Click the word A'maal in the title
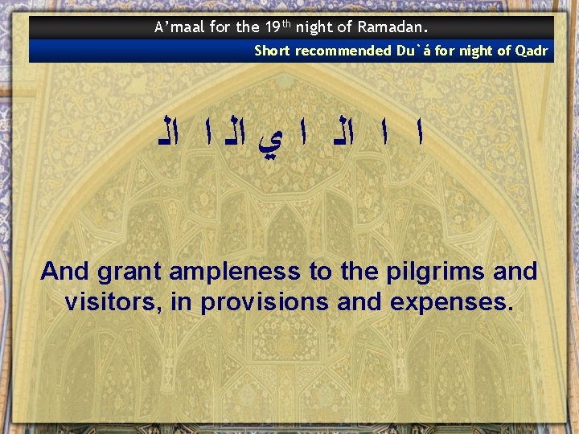pos(179,27)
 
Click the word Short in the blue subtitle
pos(273,51)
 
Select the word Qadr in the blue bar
pos(531,51)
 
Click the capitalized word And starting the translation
pos(66,272)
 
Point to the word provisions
pos(265,302)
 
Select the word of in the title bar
pos(345,27)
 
